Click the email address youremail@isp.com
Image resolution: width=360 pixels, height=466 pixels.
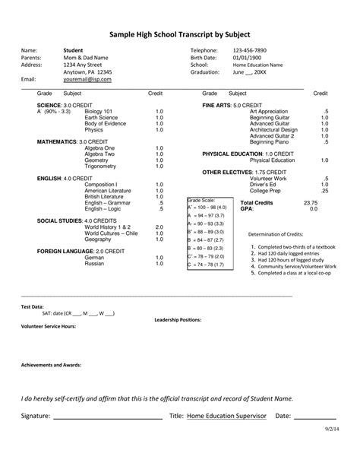click(x=87, y=79)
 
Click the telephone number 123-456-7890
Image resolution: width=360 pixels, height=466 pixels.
click(x=250, y=49)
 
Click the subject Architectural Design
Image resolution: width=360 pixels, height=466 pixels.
click(x=273, y=129)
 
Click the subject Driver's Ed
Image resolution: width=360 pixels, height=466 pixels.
click(x=263, y=185)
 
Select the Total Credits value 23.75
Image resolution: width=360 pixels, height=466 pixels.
click(x=310, y=203)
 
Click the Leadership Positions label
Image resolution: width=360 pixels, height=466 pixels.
click(x=177, y=319)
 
